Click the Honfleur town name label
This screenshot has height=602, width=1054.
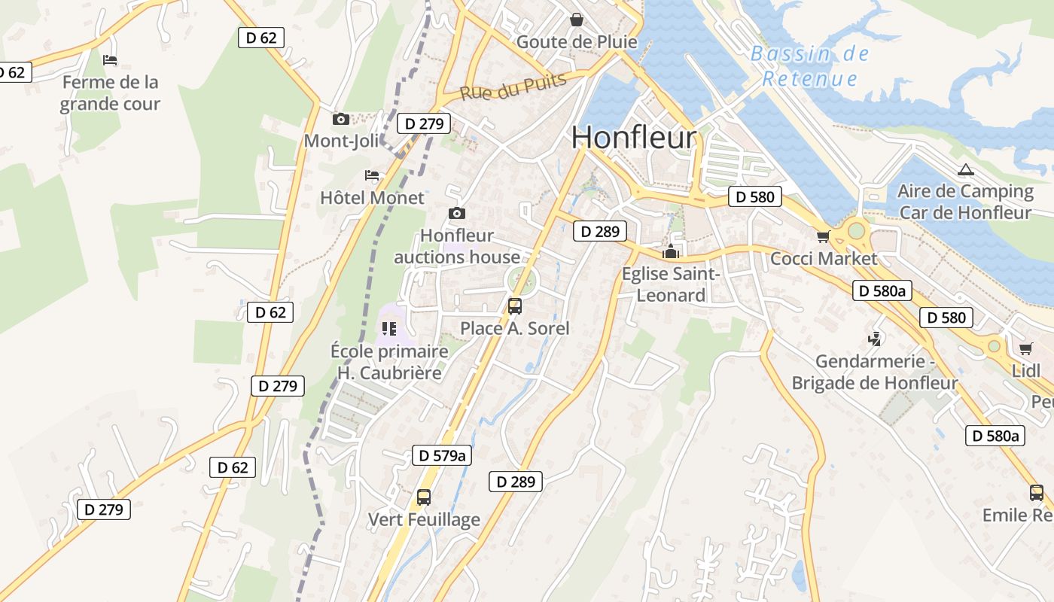633,138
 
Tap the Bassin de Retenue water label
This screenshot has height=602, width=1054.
809,66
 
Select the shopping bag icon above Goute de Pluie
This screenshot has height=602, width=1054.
576,20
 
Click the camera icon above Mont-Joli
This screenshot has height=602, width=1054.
341,119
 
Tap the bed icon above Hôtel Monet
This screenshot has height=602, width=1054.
372,175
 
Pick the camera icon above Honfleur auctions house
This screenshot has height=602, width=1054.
456,214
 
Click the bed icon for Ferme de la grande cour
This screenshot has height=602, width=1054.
110,59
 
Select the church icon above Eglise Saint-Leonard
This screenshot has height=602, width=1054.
671,251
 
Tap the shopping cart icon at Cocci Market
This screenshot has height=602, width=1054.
823,237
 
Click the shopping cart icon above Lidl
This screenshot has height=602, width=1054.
1025,348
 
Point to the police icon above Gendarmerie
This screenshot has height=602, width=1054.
874,339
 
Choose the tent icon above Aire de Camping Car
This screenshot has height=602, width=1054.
965,169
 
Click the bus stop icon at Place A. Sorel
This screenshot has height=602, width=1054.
515,306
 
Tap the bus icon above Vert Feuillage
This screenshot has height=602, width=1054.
424,497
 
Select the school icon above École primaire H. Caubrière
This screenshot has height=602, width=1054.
389,329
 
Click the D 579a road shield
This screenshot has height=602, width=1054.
442,455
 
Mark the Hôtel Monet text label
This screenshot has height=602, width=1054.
373,198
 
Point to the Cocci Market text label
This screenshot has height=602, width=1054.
824,259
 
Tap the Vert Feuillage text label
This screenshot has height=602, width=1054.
424,519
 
